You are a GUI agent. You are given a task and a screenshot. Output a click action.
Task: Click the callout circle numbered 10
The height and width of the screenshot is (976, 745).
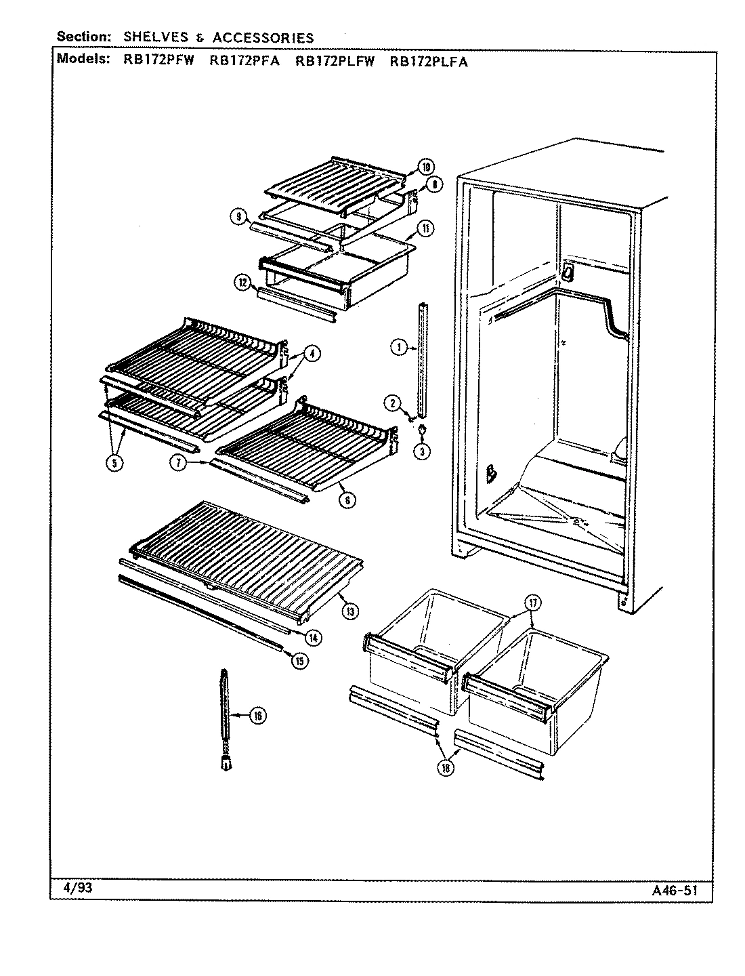(x=426, y=167)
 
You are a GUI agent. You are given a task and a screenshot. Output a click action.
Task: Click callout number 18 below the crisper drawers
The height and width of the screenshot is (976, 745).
(x=446, y=768)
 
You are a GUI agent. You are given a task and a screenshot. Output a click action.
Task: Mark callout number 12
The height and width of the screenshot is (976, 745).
(x=243, y=284)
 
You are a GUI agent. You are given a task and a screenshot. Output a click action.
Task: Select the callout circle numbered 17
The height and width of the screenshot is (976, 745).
(x=532, y=602)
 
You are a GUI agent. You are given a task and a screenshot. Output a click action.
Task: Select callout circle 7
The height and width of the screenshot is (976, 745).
(x=178, y=463)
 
